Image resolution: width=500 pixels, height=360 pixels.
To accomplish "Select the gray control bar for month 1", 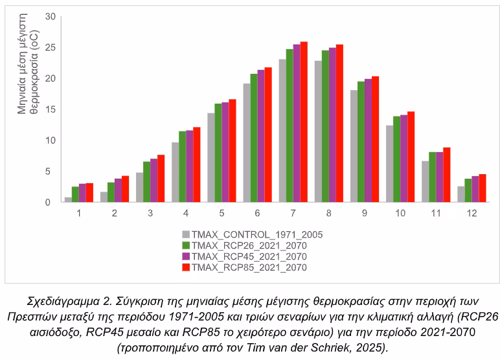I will (68, 199).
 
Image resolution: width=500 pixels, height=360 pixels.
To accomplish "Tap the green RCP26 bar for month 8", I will (325, 126).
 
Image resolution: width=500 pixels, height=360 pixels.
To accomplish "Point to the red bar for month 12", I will (483, 188).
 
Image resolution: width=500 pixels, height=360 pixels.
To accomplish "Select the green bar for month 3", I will (146, 182).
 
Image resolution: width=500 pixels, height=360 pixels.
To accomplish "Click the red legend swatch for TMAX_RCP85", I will (187, 267).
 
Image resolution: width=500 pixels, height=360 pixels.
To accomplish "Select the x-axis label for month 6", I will (257, 212).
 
